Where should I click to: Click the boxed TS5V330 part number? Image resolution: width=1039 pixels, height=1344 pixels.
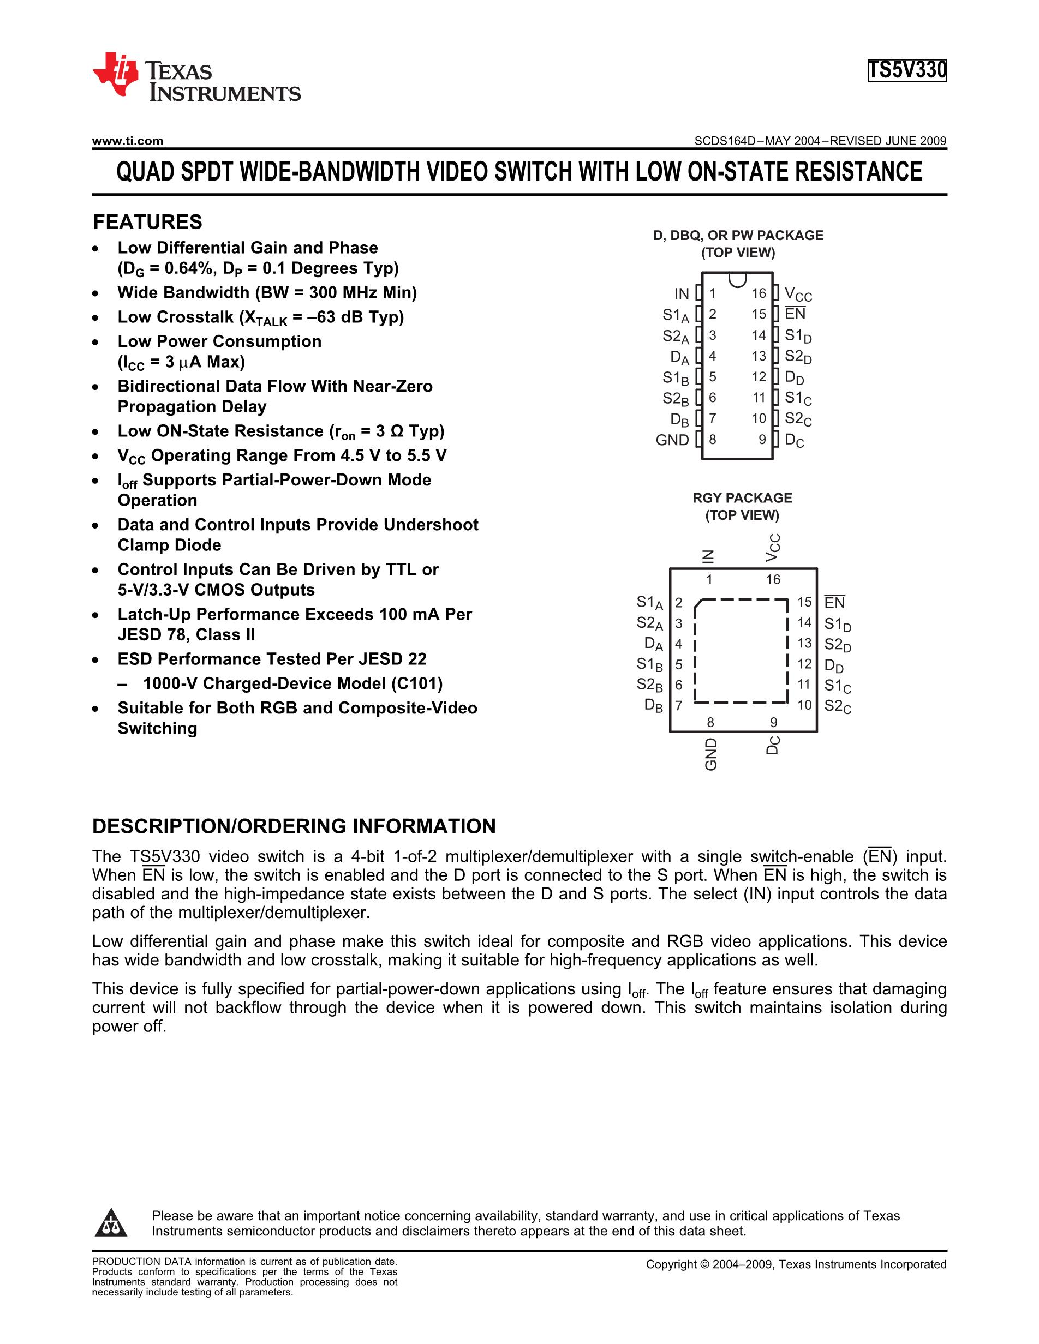coord(906,71)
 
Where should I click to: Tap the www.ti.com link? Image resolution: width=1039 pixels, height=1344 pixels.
coord(127,141)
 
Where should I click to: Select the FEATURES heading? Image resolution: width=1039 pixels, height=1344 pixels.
coord(147,222)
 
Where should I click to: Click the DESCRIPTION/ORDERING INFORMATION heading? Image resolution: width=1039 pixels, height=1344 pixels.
coord(294,826)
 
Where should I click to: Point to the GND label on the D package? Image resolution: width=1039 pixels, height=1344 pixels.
coord(672,440)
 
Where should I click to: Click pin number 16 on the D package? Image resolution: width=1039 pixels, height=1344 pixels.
coord(759,293)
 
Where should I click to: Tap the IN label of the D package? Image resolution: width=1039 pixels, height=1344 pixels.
coord(682,293)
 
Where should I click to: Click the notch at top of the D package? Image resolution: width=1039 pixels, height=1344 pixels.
coord(737,280)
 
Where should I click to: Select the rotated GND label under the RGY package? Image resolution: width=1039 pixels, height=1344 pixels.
coord(711,754)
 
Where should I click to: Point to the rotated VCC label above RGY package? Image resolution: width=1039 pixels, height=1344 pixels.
coord(773,547)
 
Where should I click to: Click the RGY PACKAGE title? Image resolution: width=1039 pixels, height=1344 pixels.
coord(742,498)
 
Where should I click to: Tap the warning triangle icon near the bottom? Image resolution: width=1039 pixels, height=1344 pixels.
coord(111,1223)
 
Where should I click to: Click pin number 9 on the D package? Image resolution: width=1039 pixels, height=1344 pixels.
coord(762,440)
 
